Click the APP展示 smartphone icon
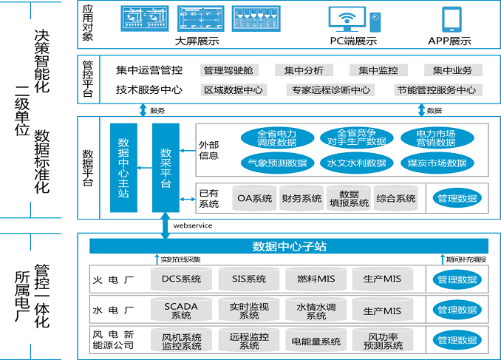(451, 18)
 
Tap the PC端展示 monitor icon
(347, 18)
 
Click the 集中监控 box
(378, 70)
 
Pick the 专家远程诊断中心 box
(330, 90)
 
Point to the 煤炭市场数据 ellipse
(437, 163)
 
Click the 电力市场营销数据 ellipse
(437, 137)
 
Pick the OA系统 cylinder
(254, 198)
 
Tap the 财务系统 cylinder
(301, 198)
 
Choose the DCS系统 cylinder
(181, 279)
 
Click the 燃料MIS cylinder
(316, 279)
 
